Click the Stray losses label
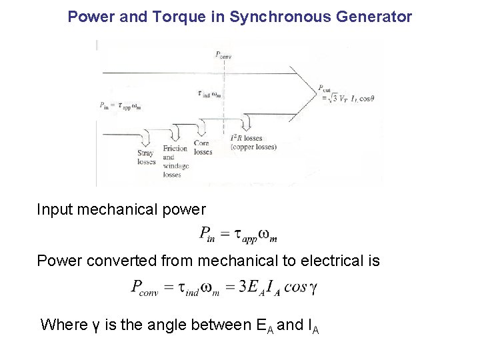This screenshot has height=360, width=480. click(x=146, y=157)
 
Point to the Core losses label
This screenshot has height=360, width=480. click(x=203, y=147)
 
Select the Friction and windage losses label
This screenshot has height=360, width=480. click(x=175, y=161)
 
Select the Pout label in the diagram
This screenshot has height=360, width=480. click(x=325, y=88)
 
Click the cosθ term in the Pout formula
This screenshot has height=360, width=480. click(x=364, y=99)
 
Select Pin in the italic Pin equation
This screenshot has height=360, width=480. click(x=207, y=233)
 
